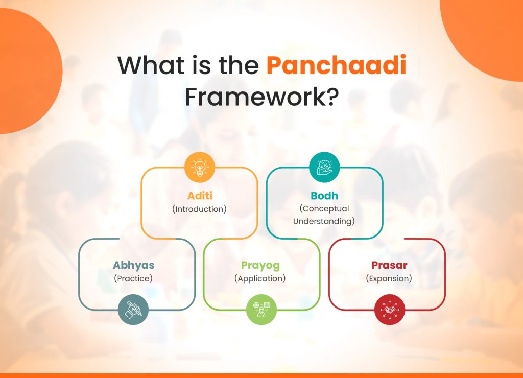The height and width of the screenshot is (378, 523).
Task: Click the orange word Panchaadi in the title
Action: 337,66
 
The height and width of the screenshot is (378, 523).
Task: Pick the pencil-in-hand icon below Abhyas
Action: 133,310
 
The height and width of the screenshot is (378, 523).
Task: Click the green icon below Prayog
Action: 261,310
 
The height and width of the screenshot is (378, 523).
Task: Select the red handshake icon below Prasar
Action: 389,310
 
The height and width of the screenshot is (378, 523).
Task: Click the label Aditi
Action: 199,196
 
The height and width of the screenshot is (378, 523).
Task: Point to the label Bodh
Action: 324,196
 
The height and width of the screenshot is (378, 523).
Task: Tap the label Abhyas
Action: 133,265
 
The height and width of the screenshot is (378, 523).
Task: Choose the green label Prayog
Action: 260,266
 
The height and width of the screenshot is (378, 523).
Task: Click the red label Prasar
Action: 389,266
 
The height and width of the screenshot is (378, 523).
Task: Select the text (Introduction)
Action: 199,209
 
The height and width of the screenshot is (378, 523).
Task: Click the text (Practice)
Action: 133,278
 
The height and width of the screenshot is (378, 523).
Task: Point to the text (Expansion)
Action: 389,278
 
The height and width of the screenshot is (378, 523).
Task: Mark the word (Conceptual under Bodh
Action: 324,209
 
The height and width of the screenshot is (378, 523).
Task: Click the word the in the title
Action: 234,66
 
